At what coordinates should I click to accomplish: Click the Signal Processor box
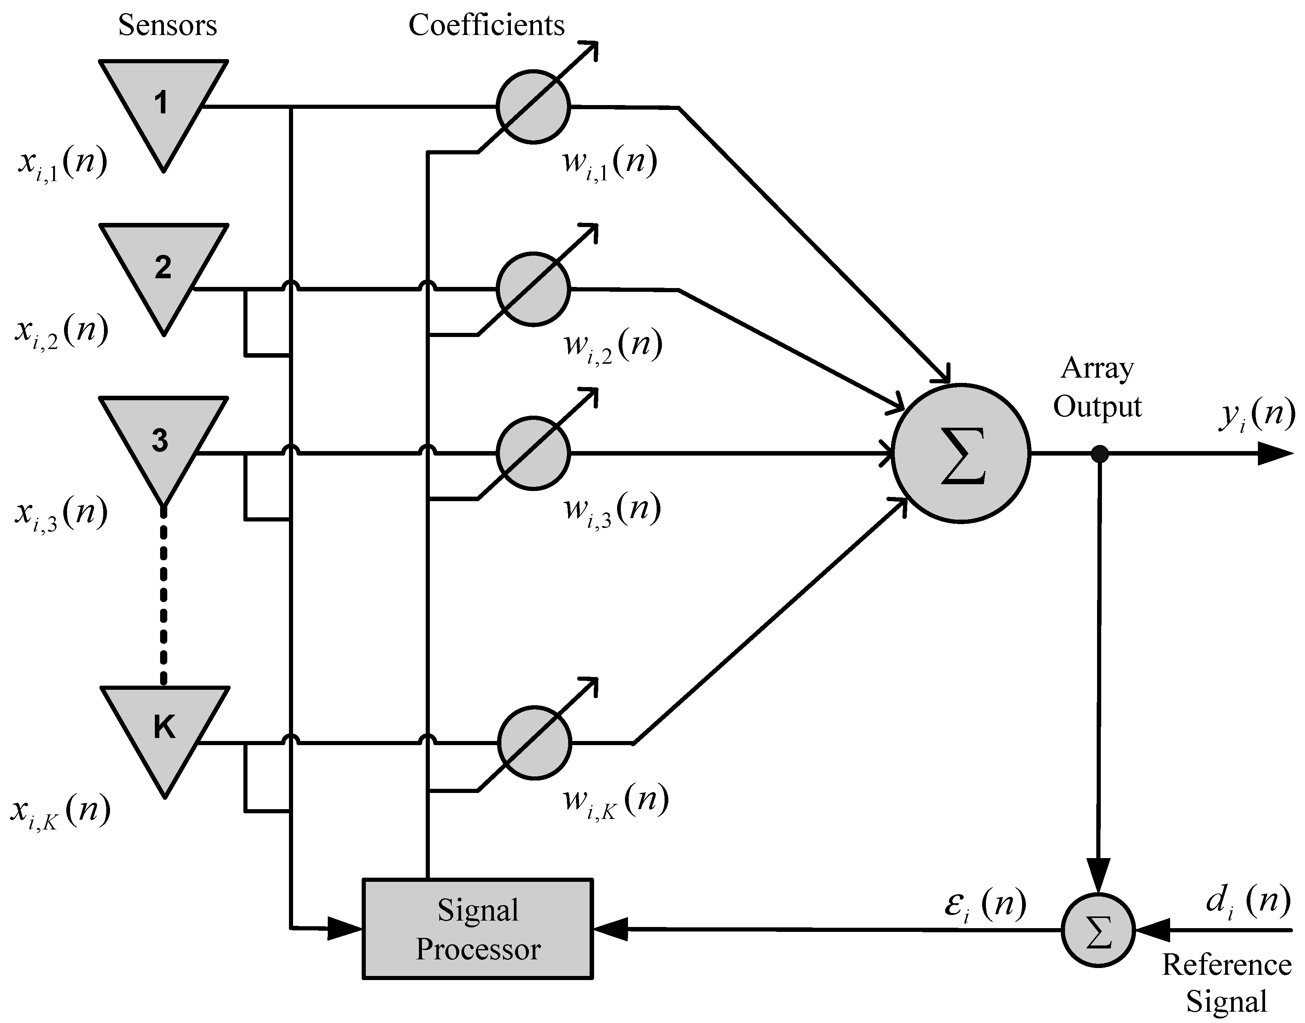click(478, 929)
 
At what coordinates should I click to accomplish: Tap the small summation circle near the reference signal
click(1098, 930)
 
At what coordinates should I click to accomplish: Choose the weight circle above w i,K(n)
click(534, 743)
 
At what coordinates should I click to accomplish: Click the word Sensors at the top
click(167, 25)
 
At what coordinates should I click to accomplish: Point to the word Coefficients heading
click(486, 25)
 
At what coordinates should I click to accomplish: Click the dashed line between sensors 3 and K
click(164, 596)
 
